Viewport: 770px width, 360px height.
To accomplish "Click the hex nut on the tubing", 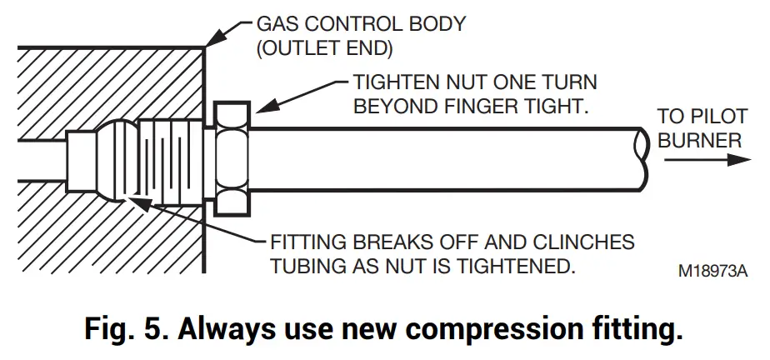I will tap(232, 158).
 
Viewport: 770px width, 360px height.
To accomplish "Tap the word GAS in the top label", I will tap(246, 24).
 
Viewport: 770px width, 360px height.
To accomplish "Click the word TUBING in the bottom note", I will tap(311, 267).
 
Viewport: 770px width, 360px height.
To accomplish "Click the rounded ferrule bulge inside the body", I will tap(116, 158).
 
